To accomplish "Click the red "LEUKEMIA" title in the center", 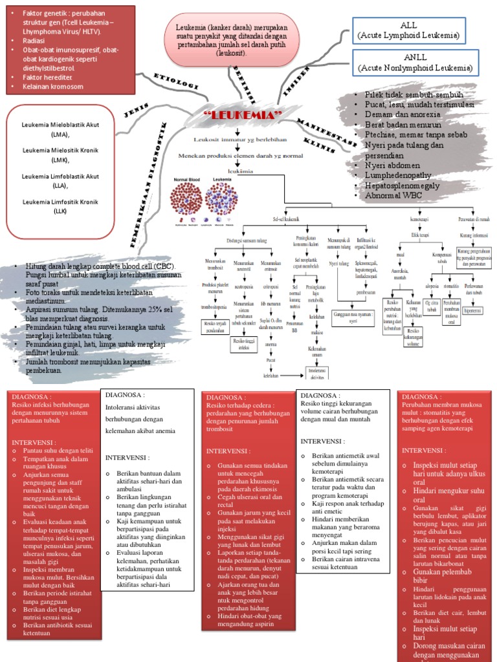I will click(x=244, y=115).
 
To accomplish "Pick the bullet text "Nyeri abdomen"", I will click(x=392, y=165).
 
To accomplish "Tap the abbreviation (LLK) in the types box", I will click(x=60, y=211).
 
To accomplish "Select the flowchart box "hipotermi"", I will click(x=472, y=310).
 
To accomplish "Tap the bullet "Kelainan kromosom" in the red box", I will click(x=52, y=87).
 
